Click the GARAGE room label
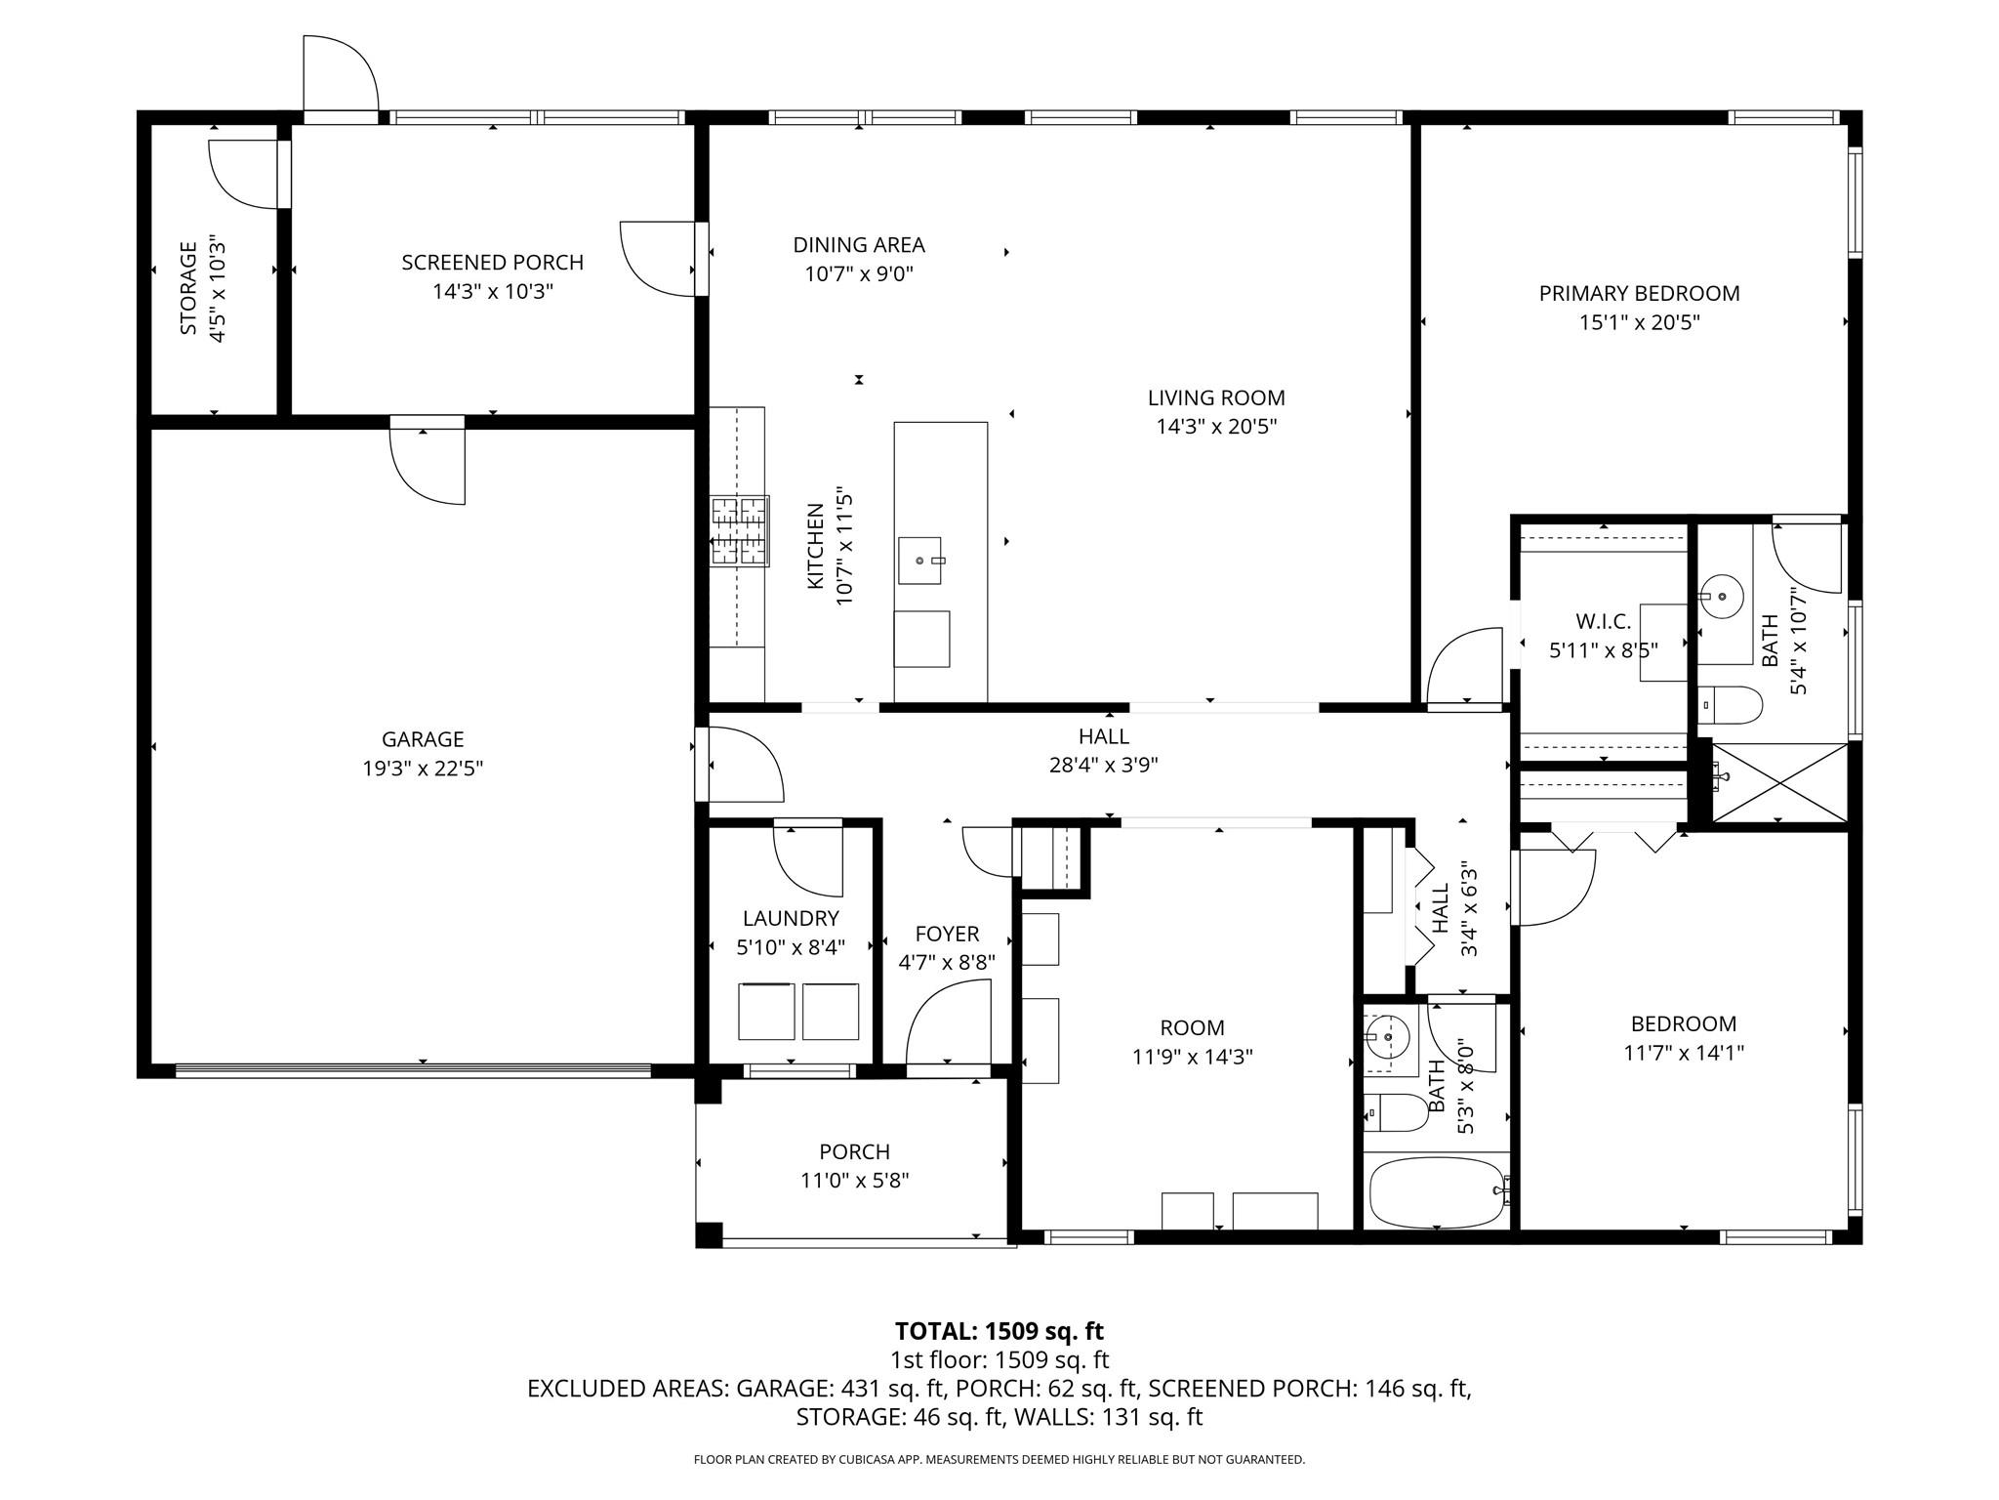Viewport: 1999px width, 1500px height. coord(422,739)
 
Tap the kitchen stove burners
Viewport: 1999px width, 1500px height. coord(739,531)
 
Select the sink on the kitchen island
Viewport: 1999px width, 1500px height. coord(920,561)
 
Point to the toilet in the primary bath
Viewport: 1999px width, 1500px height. coord(1730,703)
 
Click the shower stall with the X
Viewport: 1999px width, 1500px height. coord(1781,783)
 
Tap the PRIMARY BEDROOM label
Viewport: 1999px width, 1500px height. coord(1639,293)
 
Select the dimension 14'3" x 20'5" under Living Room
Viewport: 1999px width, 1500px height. coord(1216,427)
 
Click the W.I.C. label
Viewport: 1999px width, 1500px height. coord(1603,621)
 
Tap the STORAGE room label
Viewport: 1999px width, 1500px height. coord(188,289)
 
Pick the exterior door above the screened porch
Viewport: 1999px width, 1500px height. coord(340,76)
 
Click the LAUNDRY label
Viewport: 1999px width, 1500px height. coord(791,918)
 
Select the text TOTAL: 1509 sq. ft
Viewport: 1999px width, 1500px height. coord(999,1331)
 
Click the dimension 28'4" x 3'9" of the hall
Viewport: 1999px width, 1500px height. coord(1103,765)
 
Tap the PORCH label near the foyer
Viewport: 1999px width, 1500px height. coord(854,1152)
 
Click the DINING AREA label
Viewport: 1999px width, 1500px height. coord(858,245)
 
